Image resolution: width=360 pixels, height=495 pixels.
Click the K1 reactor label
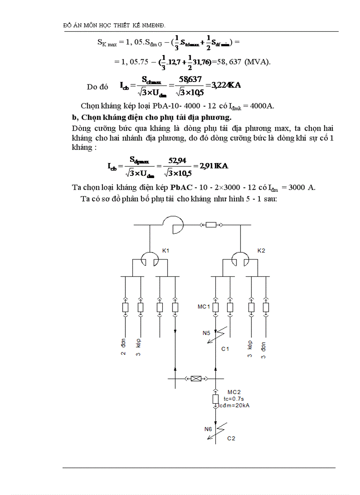coord(166,251)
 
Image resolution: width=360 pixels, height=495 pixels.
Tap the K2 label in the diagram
coord(262,251)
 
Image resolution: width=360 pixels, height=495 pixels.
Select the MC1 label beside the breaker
coord(203,306)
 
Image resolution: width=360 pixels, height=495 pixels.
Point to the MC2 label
coord(234,392)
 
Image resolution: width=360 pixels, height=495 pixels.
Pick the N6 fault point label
coord(208,428)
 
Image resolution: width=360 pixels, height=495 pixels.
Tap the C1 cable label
coord(225,349)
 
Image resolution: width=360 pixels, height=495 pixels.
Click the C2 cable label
coord(231,439)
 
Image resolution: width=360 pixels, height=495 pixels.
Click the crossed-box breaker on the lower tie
coord(195,378)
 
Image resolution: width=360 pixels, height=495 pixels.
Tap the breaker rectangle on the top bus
coord(211,225)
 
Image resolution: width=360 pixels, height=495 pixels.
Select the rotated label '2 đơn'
coord(124,347)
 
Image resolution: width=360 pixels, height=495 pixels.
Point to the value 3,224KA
coord(226,85)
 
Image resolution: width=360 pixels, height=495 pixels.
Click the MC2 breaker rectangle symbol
coord(216,399)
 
